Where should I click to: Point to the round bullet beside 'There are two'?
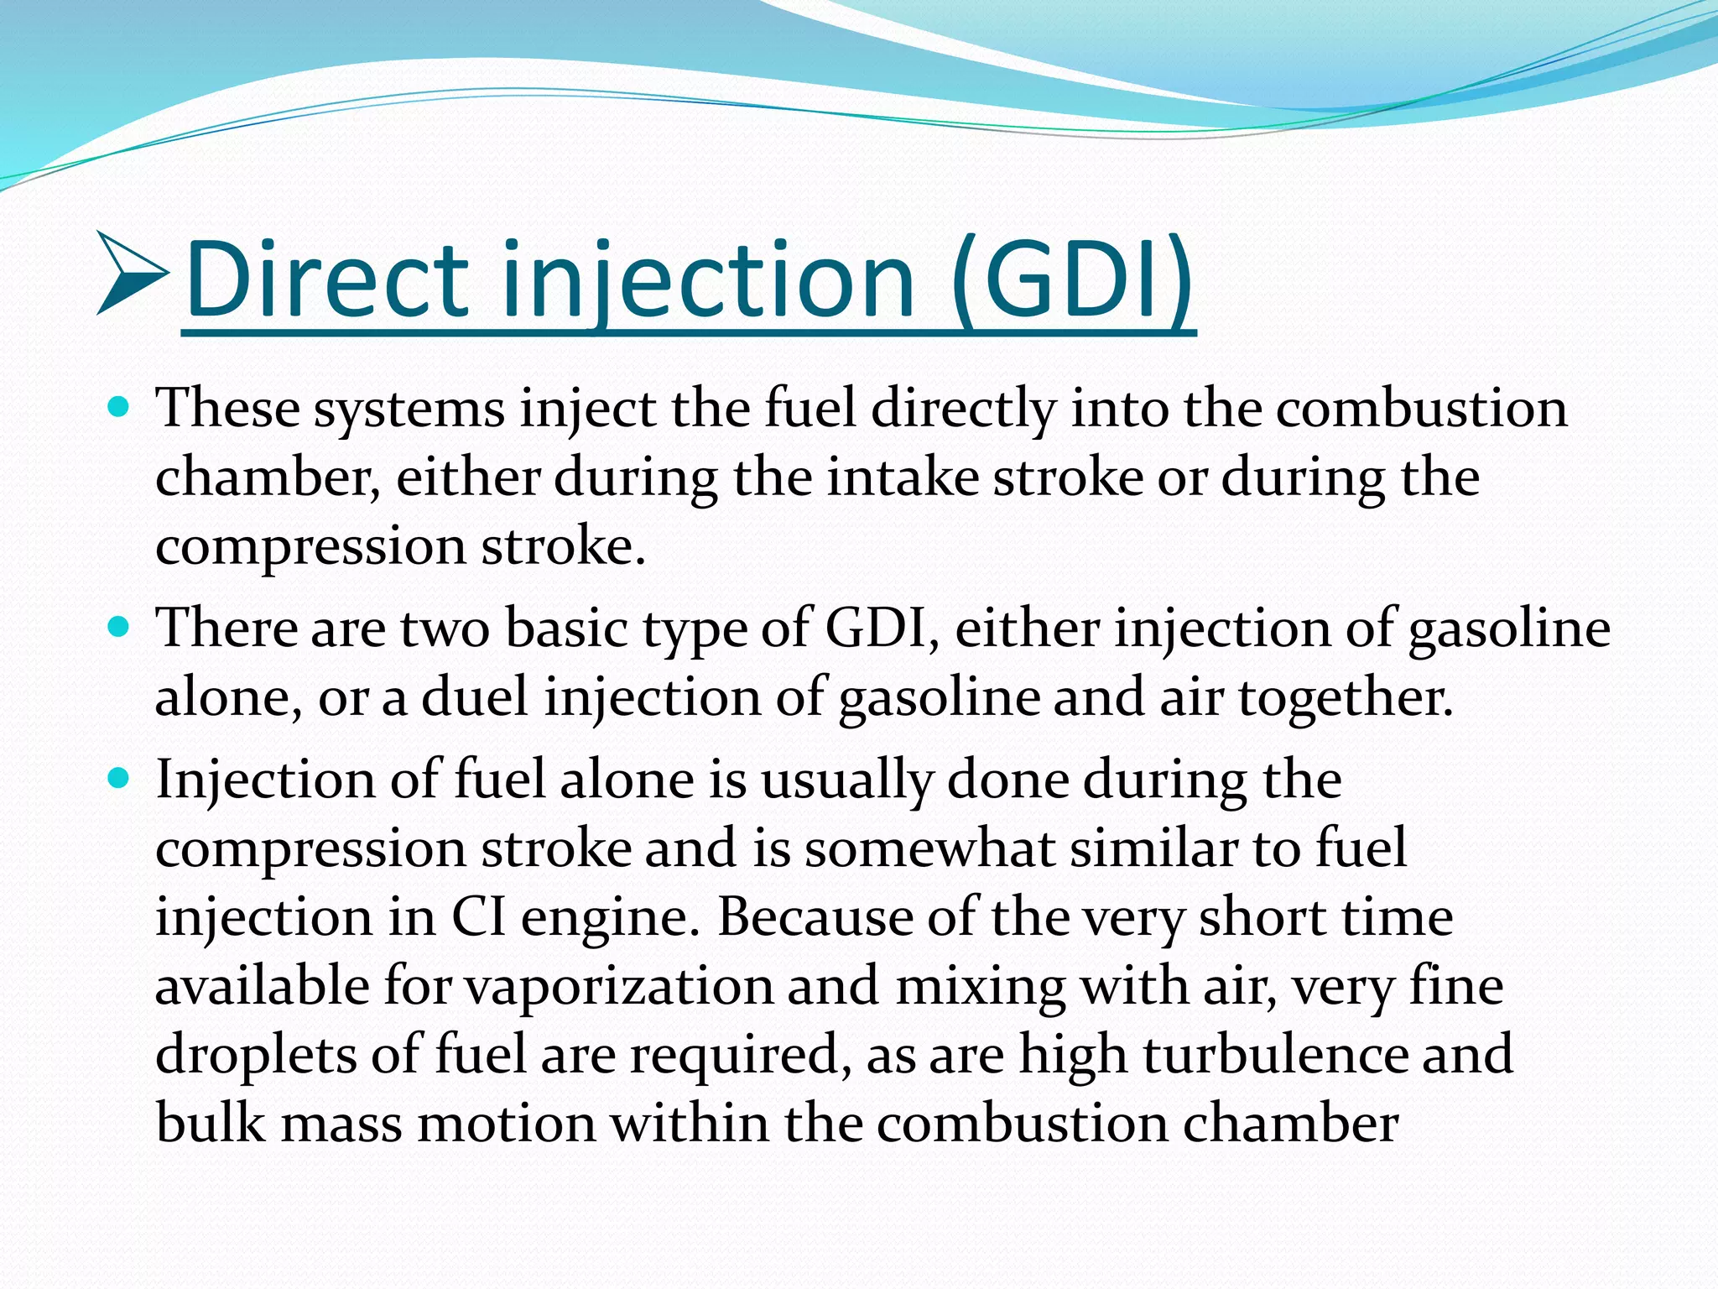point(119,627)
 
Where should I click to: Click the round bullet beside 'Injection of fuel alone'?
point(119,779)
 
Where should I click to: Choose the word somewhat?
point(929,848)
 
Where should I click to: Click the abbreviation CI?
point(479,917)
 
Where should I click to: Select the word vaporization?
point(620,987)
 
